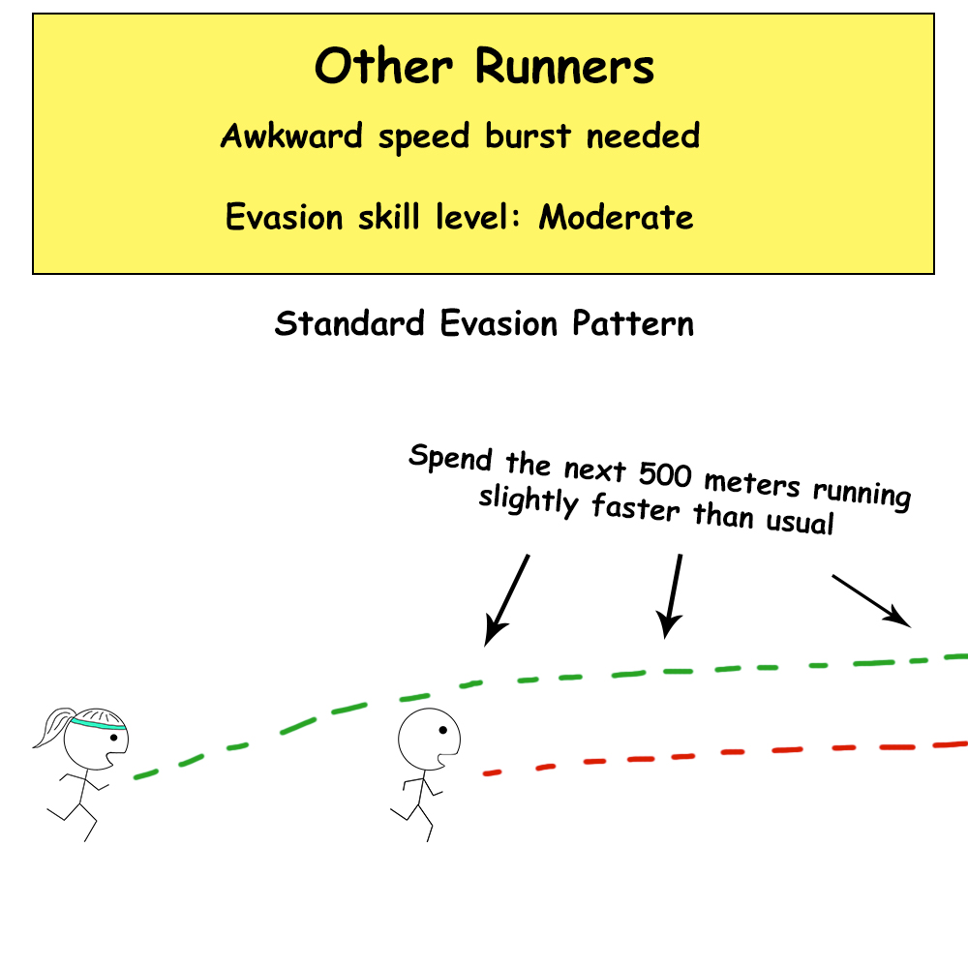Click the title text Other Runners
(x=484, y=68)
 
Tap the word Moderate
(x=617, y=216)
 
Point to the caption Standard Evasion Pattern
(x=484, y=323)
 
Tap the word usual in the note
(x=797, y=523)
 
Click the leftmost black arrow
(x=508, y=598)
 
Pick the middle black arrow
(x=672, y=595)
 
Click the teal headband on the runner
(x=97, y=722)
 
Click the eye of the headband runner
(x=114, y=739)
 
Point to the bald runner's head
(x=422, y=739)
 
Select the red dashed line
(x=726, y=754)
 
